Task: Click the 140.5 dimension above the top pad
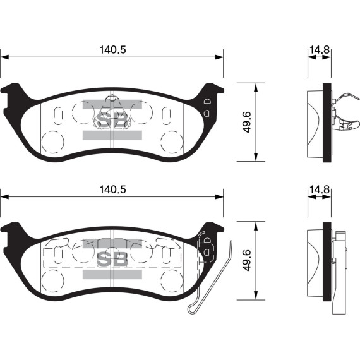(112, 50)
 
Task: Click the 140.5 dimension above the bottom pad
(112, 189)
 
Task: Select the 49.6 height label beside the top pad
(247, 122)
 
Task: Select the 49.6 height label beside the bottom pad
(247, 260)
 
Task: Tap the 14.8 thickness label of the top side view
(320, 50)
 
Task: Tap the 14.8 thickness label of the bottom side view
(320, 189)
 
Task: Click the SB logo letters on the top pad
(112, 119)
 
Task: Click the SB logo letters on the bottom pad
(112, 259)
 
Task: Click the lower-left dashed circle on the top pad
(52, 142)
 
